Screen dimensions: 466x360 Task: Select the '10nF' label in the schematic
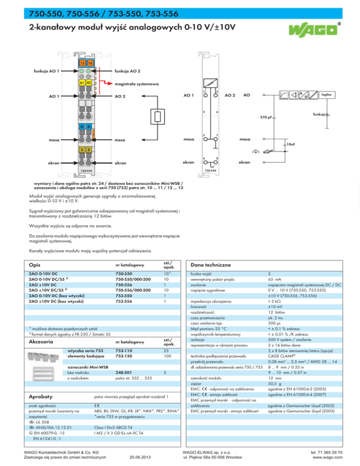pyautogui.click(x=291, y=144)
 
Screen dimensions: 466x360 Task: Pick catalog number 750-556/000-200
pyautogui.click(x=134, y=291)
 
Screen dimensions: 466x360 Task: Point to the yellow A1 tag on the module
pyautogui.click(x=82, y=82)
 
